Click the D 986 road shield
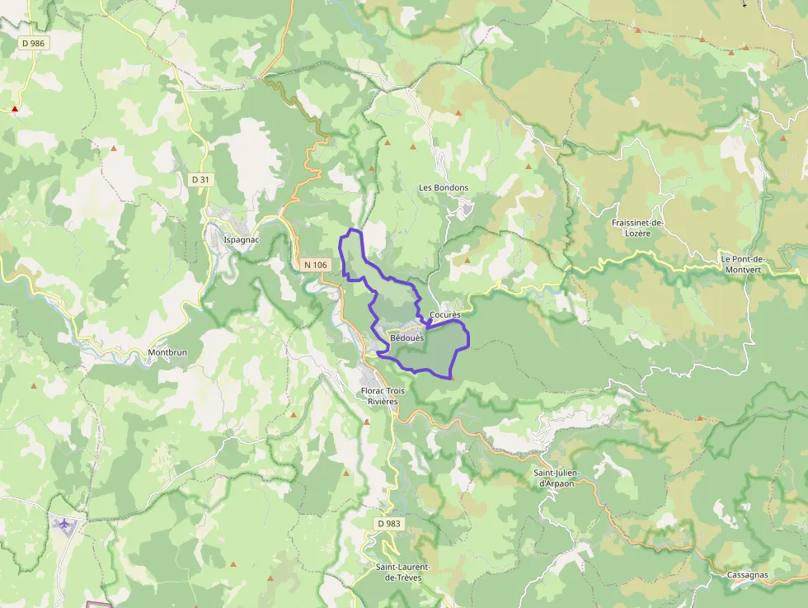(x=32, y=42)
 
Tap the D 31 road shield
(x=200, y=179)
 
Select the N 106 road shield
(x=315, y=265)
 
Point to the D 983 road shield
(x=389, y=523)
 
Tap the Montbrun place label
(x=167, y=352)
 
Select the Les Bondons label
(x=444, y=187)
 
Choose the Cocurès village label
(x=445, y=315)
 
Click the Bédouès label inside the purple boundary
(x=406, y=337)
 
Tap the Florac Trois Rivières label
(x=379, y=396)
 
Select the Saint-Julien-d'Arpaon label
(x=556, y=478)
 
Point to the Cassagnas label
(x=748, y=574)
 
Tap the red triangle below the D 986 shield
(x=15, y=109)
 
